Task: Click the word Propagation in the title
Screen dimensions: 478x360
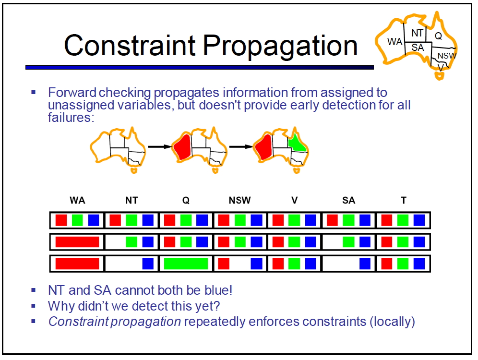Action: point(280,46)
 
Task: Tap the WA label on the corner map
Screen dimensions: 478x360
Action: point(394,41)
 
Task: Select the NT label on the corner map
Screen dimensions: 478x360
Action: point(417,33)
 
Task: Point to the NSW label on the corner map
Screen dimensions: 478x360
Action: point(447,56)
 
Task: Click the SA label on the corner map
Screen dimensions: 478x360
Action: point(418,48)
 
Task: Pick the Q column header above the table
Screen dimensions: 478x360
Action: point(186,200)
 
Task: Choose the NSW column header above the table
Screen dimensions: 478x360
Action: point(239,200)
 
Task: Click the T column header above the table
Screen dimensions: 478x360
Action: point(403,200)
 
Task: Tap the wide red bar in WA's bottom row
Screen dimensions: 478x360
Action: point(77,264)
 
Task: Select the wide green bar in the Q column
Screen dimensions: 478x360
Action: point(186,264)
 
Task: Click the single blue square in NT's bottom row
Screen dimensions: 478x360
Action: point(148,264)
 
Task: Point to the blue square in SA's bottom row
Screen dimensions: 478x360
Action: point(365,264)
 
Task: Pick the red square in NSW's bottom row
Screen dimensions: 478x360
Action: point(224,264)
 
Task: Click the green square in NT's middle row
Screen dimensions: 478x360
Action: point(131,242)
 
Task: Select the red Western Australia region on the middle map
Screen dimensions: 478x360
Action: point(182,147)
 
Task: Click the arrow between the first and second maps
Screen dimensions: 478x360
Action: point(160,147)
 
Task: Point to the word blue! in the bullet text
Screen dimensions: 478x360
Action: point(218,290)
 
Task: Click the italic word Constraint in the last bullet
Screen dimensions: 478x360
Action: point(78,322)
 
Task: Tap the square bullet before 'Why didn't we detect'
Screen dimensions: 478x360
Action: point(34,305)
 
